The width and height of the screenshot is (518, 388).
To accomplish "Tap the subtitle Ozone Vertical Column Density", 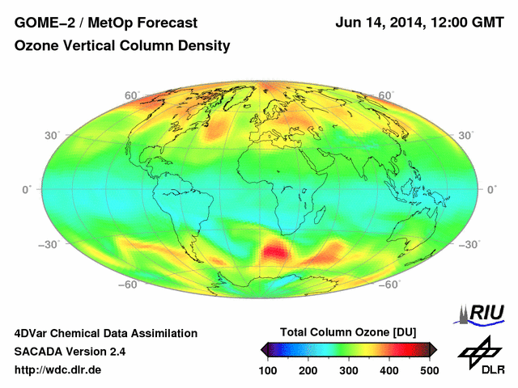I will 122,46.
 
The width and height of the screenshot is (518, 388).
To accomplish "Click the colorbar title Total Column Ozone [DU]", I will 348,333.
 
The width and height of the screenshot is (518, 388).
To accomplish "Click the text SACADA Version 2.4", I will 70,352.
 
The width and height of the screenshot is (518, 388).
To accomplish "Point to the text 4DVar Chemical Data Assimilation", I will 105,333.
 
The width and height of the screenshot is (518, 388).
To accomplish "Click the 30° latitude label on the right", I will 465,135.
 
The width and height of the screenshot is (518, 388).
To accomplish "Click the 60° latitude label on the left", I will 132,95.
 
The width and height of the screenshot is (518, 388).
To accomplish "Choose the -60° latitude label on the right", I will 391,285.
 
